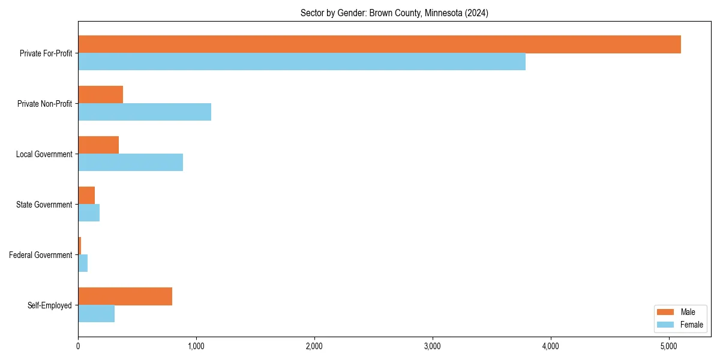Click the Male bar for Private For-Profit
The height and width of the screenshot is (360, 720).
tap(379, 44)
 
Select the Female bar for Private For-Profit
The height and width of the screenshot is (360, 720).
tap(302, 62)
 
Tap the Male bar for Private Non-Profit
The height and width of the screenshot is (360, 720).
tap(100, 95)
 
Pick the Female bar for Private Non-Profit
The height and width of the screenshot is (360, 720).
tap(145, 112)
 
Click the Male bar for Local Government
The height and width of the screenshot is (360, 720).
tap(98, 145)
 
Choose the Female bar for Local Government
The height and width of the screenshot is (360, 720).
tap(130, 163)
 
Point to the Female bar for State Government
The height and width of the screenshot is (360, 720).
tap(89, 213)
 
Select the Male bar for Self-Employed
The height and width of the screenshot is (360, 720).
tap(125, 296)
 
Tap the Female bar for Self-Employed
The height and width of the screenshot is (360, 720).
tap(96, 314)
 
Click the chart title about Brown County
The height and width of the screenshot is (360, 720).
tap(394, 13)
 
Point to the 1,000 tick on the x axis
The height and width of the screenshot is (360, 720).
tap(196, 346)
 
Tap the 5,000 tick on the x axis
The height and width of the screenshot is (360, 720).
tap(669, 346)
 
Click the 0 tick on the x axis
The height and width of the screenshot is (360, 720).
tap(78, 346)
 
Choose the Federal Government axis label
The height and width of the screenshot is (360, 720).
tap(41, 255)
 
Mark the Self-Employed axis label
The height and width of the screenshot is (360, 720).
tap(50, 305)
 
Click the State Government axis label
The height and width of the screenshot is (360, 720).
tap(44, 205)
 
